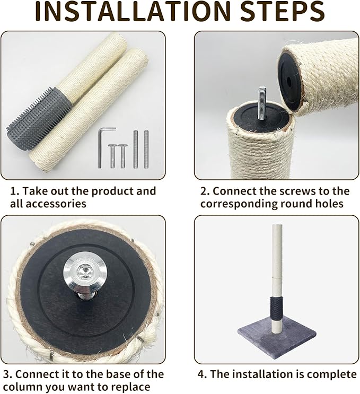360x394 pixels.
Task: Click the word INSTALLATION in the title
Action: click(x=133, y=12)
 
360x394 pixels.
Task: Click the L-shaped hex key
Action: click(x=102, y=147)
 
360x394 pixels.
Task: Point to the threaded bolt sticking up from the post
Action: click(x=262, y=102)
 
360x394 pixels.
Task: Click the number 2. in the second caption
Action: click(x=205, y=191)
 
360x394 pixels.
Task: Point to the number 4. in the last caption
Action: click(x=202, y=374)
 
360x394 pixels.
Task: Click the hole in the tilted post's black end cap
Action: click(x=288, y=82)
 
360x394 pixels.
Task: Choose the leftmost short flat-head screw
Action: click(x=112, y=156)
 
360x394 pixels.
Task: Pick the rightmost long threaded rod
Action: click(x=146, y=149)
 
